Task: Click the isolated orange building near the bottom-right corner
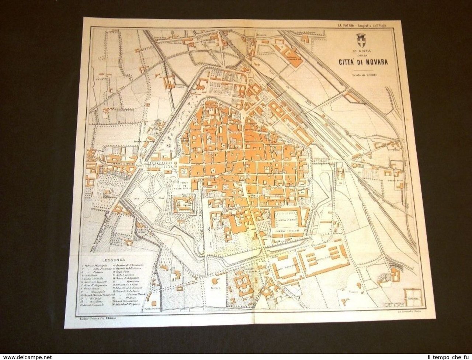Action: pos(396,274)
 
